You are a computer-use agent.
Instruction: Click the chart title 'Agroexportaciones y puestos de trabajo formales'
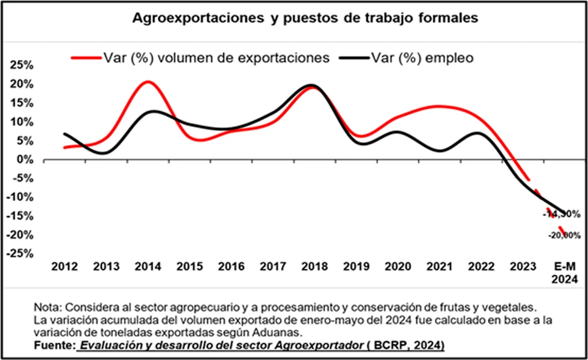(x=305, y=18)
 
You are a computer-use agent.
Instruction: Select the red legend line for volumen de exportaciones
(x=85, y=58)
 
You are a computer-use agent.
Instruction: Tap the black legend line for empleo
(x=354, y=58)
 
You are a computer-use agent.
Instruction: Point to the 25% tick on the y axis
(x=22, y=65)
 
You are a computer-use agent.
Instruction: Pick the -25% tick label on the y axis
(x=20, y=254)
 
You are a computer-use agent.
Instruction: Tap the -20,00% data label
(x=563, y=236)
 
